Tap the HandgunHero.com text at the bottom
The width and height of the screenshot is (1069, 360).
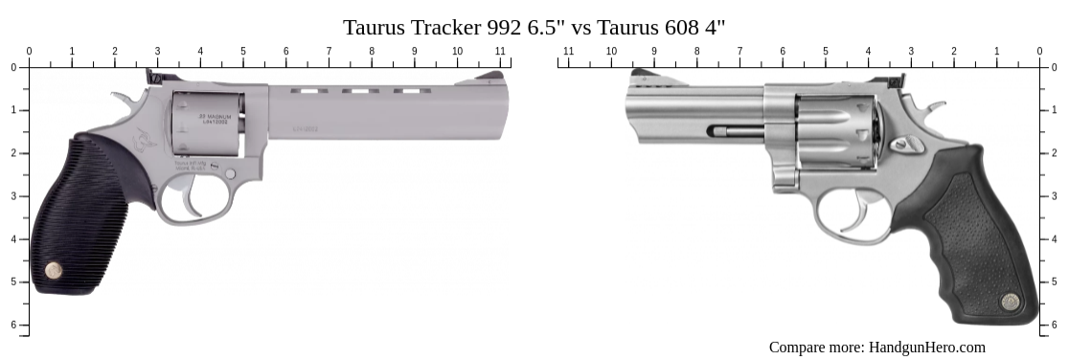pyautogui.click(x=926, y=348)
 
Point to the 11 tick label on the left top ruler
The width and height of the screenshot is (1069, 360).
pyautogui.click(x=500, y=51)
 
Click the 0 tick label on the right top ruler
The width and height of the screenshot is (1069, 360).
pyautogui.click(x=1039, y=51)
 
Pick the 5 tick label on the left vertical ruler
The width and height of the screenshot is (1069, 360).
pyautogui.click(x=12, y=281)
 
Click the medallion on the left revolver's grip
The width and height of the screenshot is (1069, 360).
pyautogui.click(x=56, y=271)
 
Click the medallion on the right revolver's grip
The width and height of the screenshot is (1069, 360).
pyautogui.click(x=1010, y=302)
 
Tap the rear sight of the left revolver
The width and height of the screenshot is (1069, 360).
pyautogui.click(x=152, y=76)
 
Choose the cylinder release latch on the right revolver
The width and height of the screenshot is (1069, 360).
pyautogui.click(x=903, y=145)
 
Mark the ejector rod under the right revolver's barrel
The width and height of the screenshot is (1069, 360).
pyautogui.click(x=736, y=130)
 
